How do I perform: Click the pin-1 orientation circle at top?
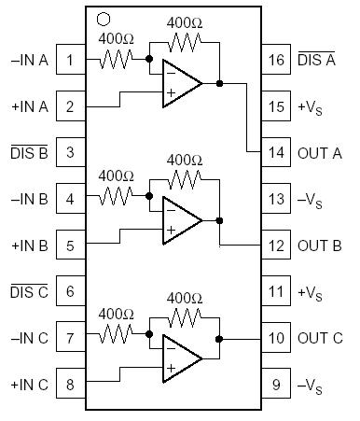point(104,18)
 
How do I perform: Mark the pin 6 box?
point(70,290)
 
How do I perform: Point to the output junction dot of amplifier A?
point(219,83)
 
